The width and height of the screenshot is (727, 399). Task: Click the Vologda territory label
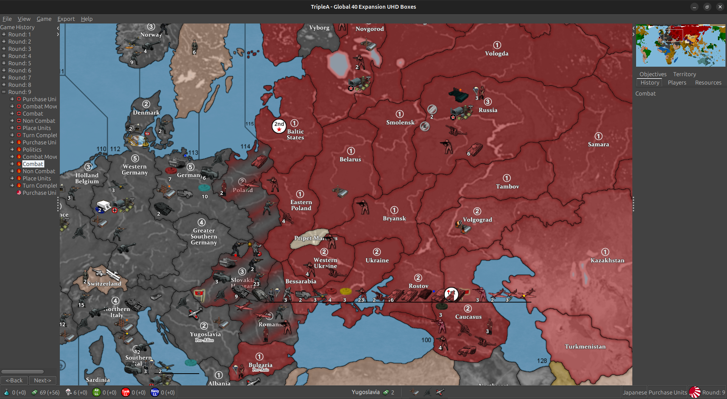(496, 53)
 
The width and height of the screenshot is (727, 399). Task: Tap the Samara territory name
(598, 144)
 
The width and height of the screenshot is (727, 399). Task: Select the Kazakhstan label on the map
(607, 260)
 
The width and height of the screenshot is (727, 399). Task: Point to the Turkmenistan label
(585, 346)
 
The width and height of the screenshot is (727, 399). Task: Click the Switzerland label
(104, 283)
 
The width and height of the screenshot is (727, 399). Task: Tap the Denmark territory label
(146, 113)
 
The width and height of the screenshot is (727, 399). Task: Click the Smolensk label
(400, 122)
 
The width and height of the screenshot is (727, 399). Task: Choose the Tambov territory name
(507, 186)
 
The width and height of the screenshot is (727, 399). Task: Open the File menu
(7, 19)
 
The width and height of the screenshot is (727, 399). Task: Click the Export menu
(66, 19)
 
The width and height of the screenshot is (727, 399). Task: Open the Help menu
(86, 19)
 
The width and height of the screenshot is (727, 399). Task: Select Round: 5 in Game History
(20, 63)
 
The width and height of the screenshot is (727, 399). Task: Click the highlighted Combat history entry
(33, 164)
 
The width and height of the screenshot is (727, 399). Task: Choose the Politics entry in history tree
(32, 150)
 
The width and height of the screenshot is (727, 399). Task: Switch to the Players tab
(677, 83)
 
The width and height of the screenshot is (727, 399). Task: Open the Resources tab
(708, 83)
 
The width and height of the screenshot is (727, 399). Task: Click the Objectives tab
(653, 74)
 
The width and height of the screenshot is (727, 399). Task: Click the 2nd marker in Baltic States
(279, 126)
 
